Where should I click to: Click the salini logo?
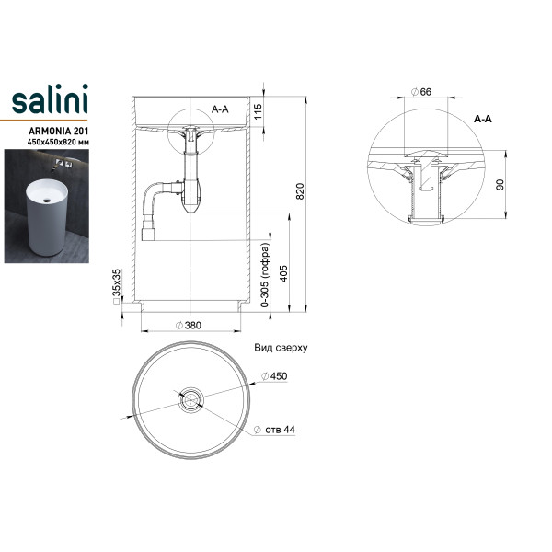coord(50,99)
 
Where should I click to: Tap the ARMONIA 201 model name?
coord(59,131)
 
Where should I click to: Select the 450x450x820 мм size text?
coord(58,143)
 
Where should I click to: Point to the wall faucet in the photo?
coord(61,165)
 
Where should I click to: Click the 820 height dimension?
coord(300,191)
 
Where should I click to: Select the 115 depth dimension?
coord(258,111)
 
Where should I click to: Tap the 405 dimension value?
coord(283,274)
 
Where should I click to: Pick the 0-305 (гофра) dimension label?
coord(265,275)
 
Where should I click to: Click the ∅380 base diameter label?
coord(189,326)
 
